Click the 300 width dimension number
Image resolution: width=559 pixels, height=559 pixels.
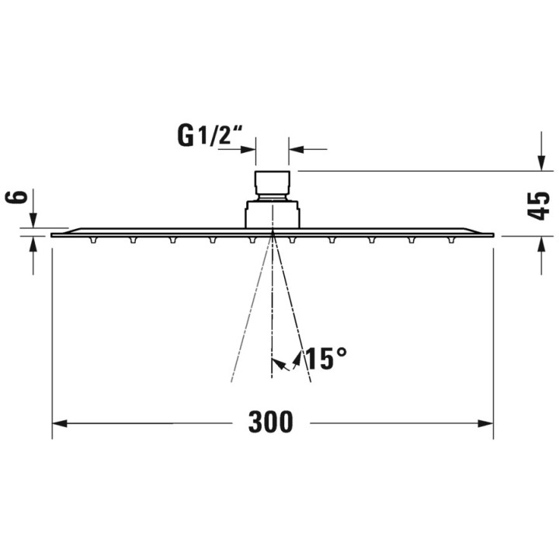[x=271, y=423]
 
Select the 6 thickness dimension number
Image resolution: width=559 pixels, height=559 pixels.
[x=21, y=196]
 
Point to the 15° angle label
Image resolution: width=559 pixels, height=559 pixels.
[x=325, y=359]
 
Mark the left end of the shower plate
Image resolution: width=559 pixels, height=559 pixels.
[x=54, y=234]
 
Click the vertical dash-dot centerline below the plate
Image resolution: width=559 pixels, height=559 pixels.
[x=272, y=311]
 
